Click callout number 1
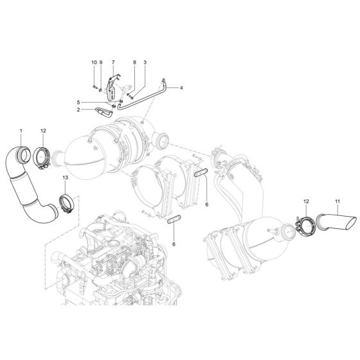coord(21,131)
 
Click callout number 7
coord(113,62)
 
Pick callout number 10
coord(93,62)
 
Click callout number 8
coord(134,62)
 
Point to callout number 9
coord(101,62)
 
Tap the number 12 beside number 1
coord(44,131)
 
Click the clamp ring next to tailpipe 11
coord(305,226)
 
